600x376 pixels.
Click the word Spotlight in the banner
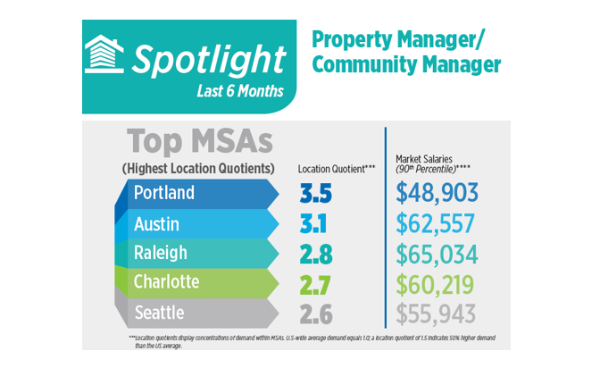pyautogui.click(x=209, y=58)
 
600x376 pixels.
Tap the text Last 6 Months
pyautogui.click(x=239, y=91)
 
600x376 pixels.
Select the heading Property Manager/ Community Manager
pyautogui.click(x=405, y=52)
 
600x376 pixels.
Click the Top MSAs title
pyautogui.click(x=199, y=142)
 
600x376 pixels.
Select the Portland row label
pyautogui.click(x=166, y=193)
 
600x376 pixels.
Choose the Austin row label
pyautogui.click(x=157, y=223)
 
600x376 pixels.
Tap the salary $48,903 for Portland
pyautogui.click(x=437, y=193)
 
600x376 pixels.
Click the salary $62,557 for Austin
pyautogui.click(x=437, y=223)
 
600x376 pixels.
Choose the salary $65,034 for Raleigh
pyautogui.click(x=437, y=254)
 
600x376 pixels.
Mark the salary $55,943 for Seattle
pyautogui.click(x=437, y=314)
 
